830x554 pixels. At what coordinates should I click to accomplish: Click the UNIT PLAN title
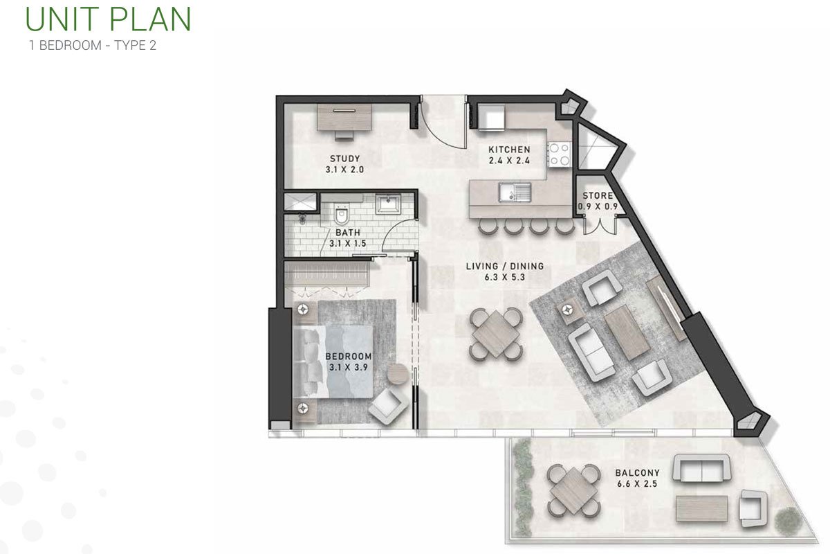[108, 19]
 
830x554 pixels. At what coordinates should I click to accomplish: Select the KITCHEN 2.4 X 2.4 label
[509, 155]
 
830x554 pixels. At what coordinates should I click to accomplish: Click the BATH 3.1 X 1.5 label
[347, 238]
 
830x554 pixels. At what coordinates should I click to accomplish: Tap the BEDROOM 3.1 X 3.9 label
[349, 361]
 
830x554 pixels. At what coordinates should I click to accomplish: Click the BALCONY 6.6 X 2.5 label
[637, 479]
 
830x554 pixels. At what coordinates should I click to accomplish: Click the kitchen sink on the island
[515, 193]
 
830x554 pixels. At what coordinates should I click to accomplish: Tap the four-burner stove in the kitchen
[559, 154]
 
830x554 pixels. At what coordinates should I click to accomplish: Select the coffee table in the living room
[627, 332]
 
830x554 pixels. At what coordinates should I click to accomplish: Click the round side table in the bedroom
[398, 374]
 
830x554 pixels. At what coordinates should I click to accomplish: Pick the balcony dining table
[574, 490]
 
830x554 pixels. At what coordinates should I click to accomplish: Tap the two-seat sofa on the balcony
[701, 468]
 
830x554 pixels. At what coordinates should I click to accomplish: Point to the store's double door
[600, 226]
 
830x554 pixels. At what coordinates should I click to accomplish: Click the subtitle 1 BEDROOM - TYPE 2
[93, 45]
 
